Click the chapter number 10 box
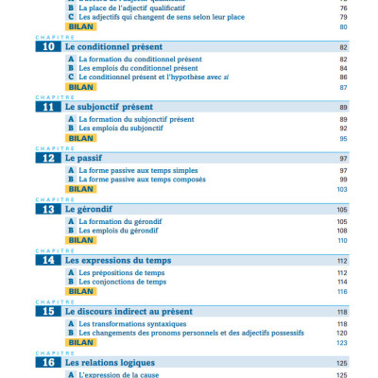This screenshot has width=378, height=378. [x=47, y=45]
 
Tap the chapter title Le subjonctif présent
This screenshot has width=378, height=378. [x=110, y=107]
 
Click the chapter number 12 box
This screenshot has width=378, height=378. [x=47, y=158]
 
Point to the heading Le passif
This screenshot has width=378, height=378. [x=85, y=158]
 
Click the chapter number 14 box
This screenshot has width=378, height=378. [x=47, y=260]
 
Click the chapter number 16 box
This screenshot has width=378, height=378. [x=47, y=362]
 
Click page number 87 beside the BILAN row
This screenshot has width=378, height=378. [x=343, y=87]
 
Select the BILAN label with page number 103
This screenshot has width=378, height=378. [x=82, y=189]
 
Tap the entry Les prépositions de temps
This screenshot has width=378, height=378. [x=122, y=272]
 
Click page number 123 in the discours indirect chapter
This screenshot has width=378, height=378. [x=342, y=342]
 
